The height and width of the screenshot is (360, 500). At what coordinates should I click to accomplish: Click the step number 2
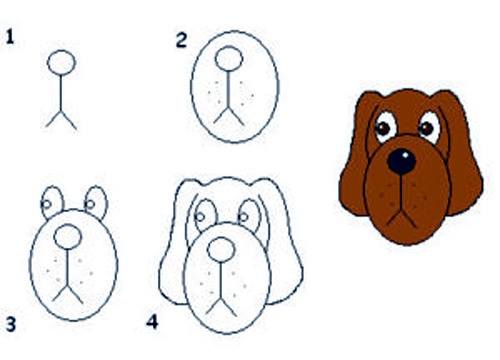(x=181, y=40)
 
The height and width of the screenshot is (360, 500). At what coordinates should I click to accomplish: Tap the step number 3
(x=11, y=324)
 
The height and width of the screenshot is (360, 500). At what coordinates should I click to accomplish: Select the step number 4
(x=152, y=323)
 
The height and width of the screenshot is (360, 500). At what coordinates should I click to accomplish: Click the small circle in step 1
(x=63, y=62)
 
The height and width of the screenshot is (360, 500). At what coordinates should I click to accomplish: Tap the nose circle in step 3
(x=68, y=236)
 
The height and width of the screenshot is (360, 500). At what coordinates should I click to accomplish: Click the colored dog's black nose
(x=402, y=161)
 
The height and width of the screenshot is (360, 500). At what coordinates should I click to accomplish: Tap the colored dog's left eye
(x=384, y=127)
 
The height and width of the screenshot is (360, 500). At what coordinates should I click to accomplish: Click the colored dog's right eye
(x=429, y=126)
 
